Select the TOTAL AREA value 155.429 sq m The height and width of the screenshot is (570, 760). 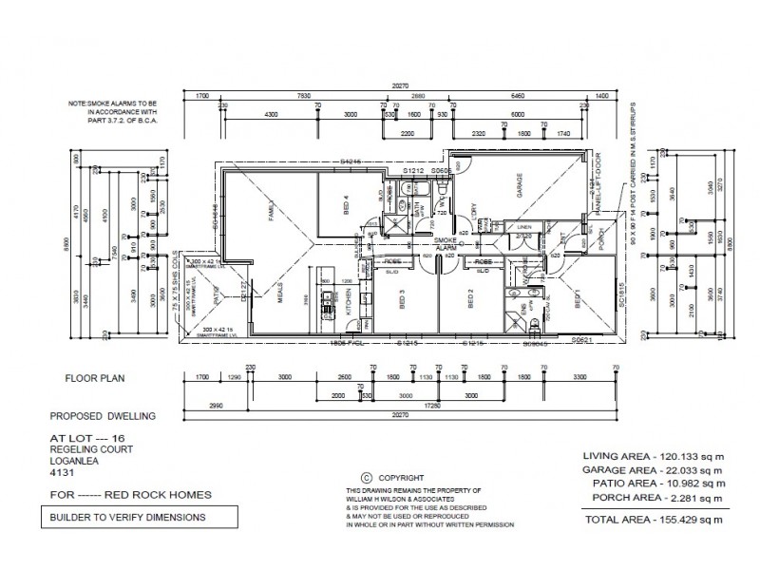coord(685,520)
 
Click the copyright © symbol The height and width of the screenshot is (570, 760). coord(365,479)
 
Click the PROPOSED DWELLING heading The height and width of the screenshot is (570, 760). coord(101,416)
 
